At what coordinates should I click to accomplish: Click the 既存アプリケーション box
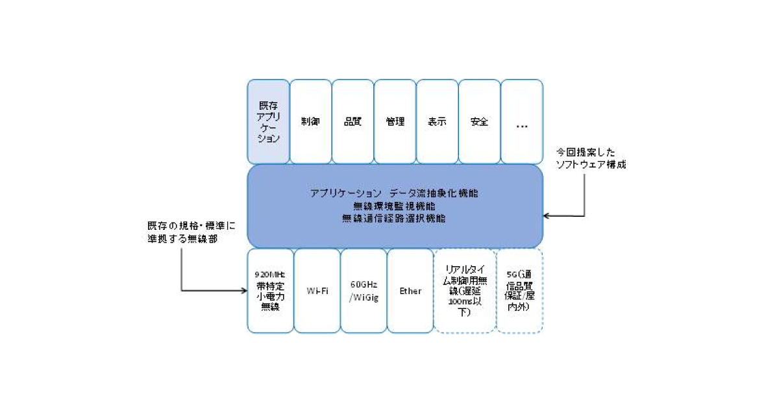268,121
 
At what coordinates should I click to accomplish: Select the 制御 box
310,121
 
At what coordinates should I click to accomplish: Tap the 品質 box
352,121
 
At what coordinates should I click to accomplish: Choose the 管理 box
395,121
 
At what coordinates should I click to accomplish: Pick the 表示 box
437,121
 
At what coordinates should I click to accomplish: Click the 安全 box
479,121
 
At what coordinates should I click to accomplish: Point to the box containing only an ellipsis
522,121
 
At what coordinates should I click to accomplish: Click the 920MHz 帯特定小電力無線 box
269,291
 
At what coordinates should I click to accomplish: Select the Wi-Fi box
317,291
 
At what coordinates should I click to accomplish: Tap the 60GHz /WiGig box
364,291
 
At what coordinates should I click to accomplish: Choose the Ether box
410,291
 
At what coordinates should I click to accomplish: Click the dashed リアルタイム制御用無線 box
463,291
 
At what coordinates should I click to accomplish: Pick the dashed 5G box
519,291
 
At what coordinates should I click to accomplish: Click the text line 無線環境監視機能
395,206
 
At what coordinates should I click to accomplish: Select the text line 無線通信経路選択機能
395,218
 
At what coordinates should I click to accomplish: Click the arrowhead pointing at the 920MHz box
242,290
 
